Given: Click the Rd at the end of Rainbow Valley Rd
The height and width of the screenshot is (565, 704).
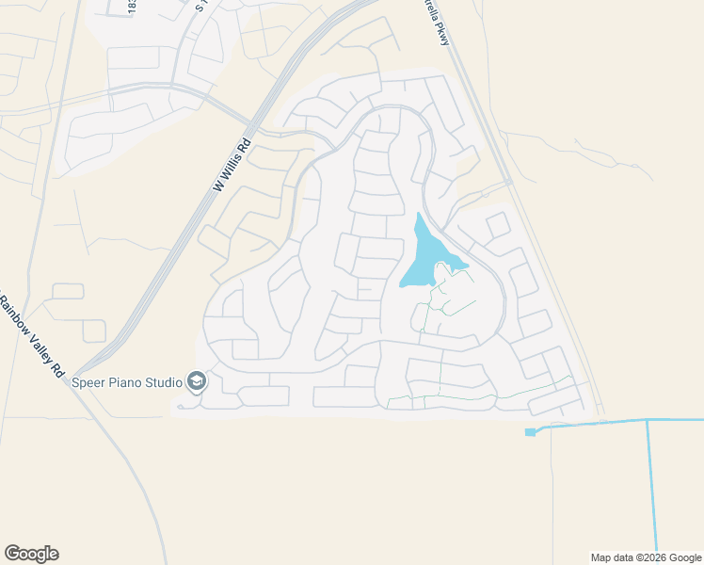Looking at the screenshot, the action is point(56,363).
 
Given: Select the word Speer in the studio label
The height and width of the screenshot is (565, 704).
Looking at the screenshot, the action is point(88,381).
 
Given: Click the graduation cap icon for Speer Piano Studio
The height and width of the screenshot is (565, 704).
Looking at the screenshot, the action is point(197,380).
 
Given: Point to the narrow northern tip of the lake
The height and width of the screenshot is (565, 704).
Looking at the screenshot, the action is point(418,218).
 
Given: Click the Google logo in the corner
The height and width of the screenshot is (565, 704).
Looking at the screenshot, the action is point(31,554).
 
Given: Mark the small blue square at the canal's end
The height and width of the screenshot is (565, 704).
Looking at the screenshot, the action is point(530,432).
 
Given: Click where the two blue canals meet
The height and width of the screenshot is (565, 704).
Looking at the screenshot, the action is point(647,421).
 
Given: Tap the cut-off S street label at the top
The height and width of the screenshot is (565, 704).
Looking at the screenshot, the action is point(200,6).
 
